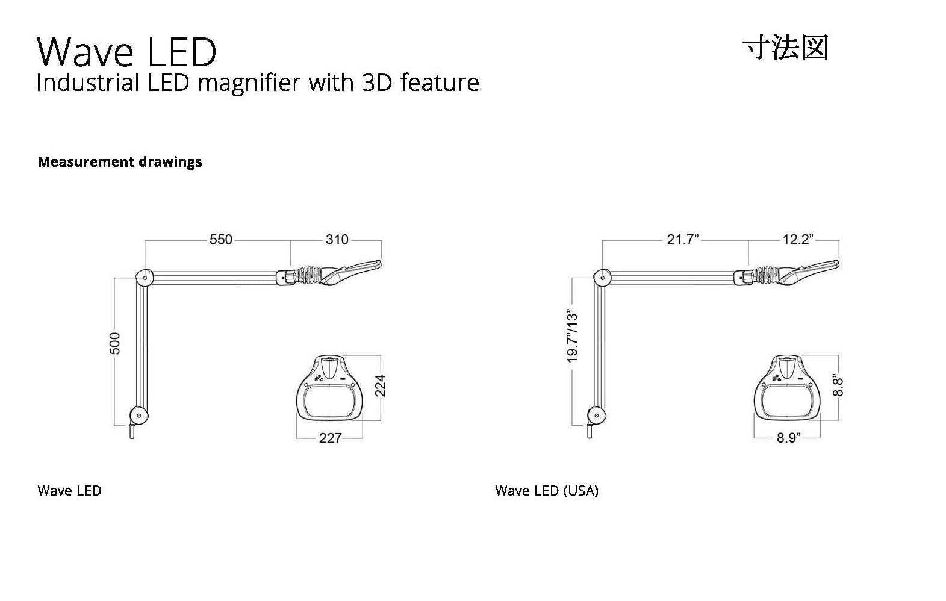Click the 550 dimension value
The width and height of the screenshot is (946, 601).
click(x=221, y=240)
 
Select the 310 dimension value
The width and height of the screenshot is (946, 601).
click(x=337, y=240)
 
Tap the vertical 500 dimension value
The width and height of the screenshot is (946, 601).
click(x=115, y=343)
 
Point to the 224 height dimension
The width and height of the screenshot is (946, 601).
click(x=381, y=385)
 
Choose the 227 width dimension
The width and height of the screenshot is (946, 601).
click(x=330, y=438)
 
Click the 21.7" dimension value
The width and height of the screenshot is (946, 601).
click(x=683, y=240)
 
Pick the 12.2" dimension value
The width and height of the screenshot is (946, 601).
click(x=798, y=240)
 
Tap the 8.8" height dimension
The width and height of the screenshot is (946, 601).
click(x=838, y=384)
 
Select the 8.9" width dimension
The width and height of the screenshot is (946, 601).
click(x=788, y=438)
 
